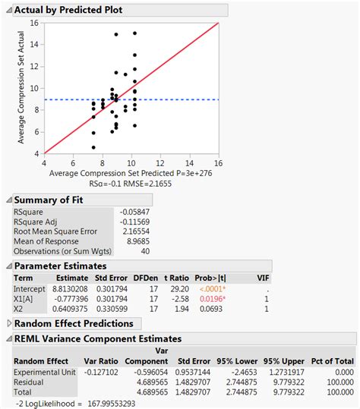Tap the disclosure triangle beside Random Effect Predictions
[x=9, y=323]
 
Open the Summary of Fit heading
[x=50, y=200]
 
